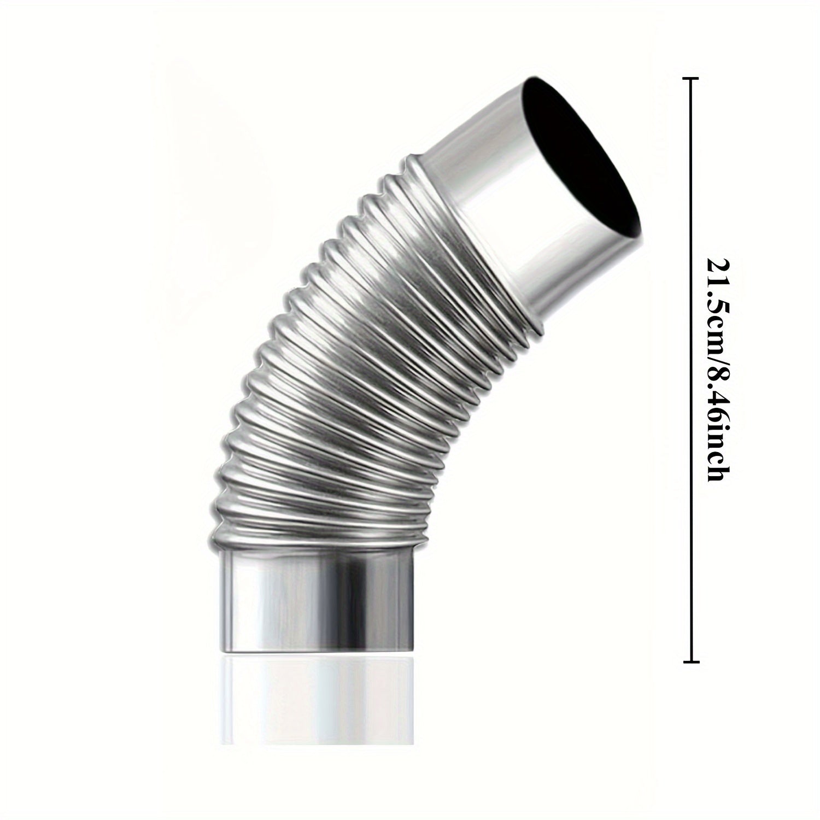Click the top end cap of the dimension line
692,80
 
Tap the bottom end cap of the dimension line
692,662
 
